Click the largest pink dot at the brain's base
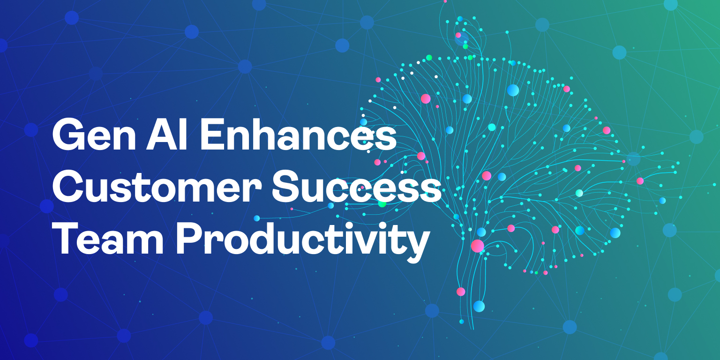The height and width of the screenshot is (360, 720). click(x=477, y=246)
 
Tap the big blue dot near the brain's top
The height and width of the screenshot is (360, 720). click(x=513, y=90)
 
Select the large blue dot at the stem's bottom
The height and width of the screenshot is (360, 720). click(x=479, y=306)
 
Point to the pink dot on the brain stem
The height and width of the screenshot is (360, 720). click(x=461, y=292)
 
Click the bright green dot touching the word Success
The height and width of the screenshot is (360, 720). click(x=382, y=203)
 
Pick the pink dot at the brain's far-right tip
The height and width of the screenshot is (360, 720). click(x=640, y=181)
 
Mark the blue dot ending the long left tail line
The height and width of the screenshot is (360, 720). click(x=256, y=218)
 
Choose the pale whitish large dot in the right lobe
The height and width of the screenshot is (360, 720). click(x=579, y=193)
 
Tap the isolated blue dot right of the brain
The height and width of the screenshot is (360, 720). click(x=662, y=201)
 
